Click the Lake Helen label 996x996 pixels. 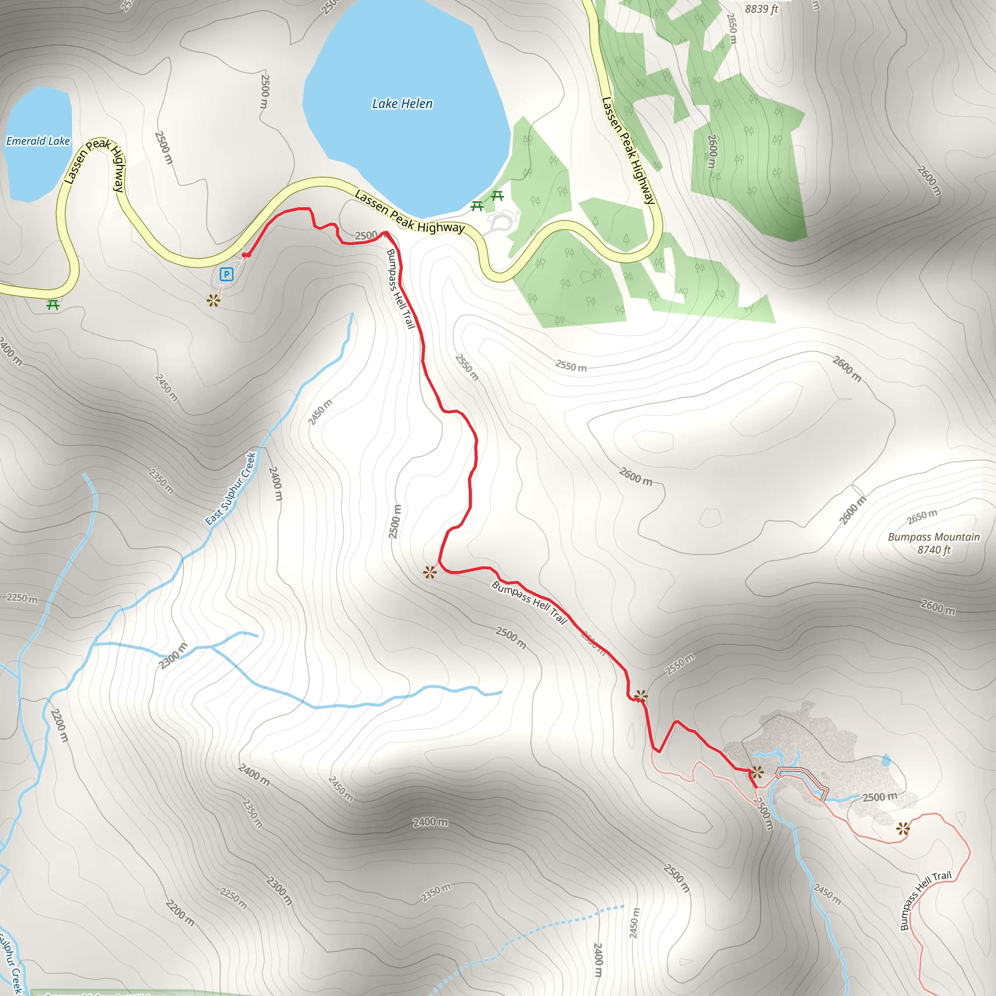click(402, 104)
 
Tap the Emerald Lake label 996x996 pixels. click(37, 141)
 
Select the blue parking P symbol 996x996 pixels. click(226, 274)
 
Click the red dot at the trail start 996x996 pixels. click(247, 255)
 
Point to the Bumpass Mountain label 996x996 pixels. click(934, 537)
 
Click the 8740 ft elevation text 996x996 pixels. click(934, 550)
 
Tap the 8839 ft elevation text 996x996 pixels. click(761, 9)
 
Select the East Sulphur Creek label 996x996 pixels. click(231, 488)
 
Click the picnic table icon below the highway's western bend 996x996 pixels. click(53, 305)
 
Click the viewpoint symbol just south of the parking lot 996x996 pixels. click(213, 300)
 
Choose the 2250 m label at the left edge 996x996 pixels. click(22, 598)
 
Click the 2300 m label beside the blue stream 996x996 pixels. click(173, 656)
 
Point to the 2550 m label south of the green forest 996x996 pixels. click(570, 366)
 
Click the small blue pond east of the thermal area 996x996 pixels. click(886, 760)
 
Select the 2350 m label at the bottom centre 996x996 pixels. click(436, 893)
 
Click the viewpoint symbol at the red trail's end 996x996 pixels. click(757, 772)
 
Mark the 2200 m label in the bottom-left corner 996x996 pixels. click(180, 913)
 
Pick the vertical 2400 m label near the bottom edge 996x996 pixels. click(598, 960)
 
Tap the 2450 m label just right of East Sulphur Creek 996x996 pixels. click(320, 412)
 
